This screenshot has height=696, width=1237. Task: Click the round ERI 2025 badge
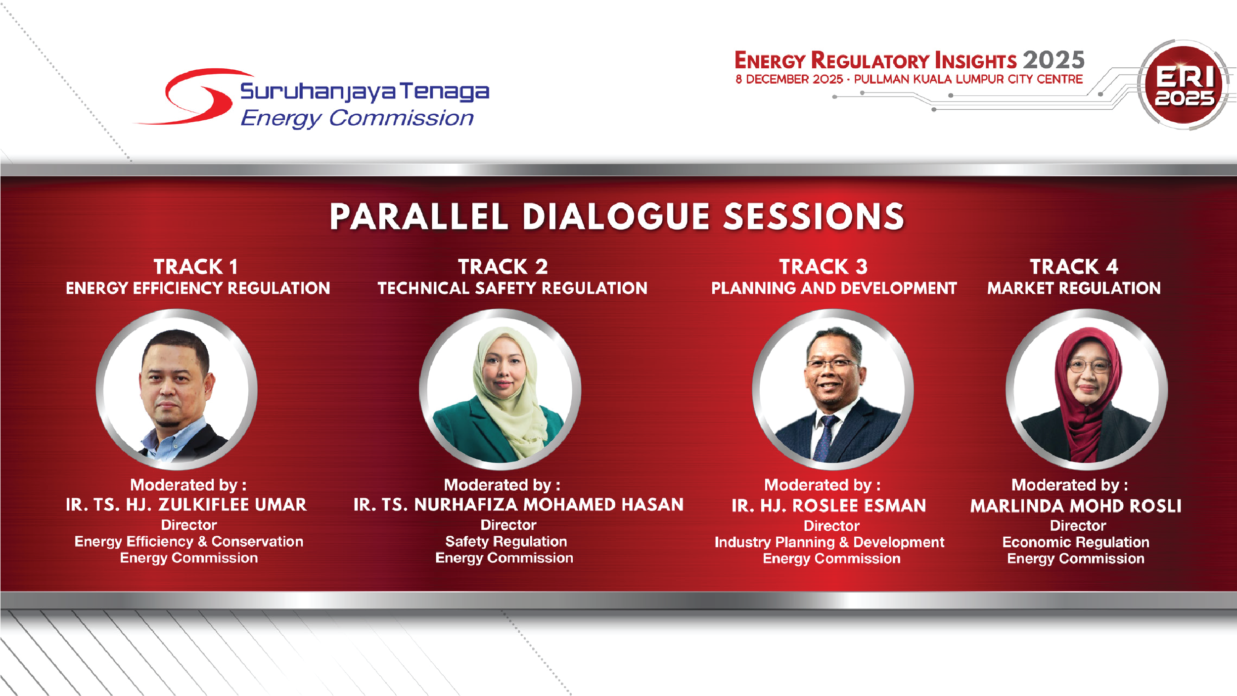point(1184,85)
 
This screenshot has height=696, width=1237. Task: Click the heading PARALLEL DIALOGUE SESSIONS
point(617,217)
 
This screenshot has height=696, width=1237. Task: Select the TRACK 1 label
point(196,267)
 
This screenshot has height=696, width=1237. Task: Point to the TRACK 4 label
point(1074,267)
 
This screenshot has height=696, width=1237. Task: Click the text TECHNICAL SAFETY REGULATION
point(512,288)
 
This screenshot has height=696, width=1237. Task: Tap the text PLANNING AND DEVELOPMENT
point(834,288)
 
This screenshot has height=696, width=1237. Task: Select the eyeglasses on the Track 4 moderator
point(1089,366)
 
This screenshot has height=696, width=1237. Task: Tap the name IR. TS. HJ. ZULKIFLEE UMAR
point(186,505)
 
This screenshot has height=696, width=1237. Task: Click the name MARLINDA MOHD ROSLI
point(1076,506)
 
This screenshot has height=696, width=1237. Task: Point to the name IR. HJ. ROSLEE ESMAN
point(829,506)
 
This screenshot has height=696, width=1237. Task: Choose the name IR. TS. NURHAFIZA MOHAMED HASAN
point(518,505)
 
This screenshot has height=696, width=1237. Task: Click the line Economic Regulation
point(1076,542)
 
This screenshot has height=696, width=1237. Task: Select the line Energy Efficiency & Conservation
point(189,542)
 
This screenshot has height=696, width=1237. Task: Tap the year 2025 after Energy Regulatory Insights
point(1054,60)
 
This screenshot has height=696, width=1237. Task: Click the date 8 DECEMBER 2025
point(789,79)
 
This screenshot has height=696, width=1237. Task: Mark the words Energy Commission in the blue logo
point(357,119)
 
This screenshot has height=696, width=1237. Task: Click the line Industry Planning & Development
point(829,542)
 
